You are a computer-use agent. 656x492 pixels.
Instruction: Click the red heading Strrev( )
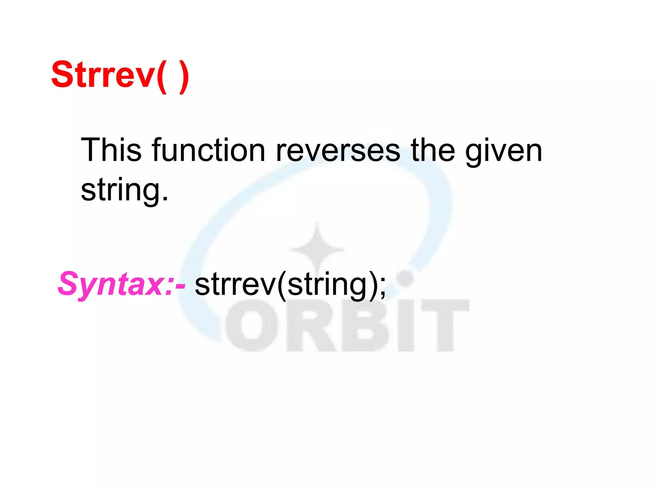pyautogui.click(x=120, y=75)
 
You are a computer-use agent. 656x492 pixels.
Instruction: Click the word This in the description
pyautogui.click(x=111, y=150)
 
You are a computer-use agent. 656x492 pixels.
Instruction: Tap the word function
pyautogui.click(x=209, y=150)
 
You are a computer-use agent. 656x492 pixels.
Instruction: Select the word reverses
pyautogui.click(x=338, y=150)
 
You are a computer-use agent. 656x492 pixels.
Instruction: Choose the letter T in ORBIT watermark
pyautogui.click(x=445, y=325)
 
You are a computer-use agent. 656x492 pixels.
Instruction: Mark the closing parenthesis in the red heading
pyautogui.click(x=184, y=77)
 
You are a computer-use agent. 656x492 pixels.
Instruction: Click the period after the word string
pyautogui.click(x=165, y=199)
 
